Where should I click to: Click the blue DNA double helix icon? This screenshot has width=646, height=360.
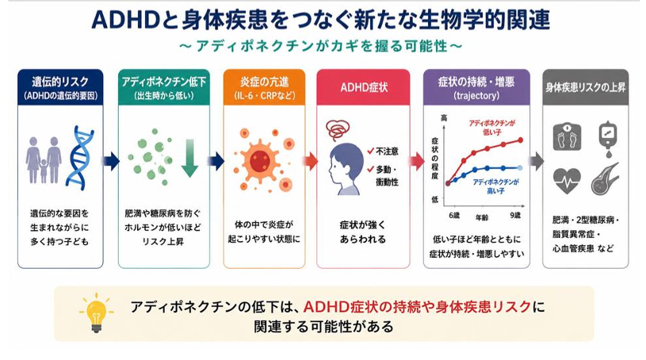tap(79, 158)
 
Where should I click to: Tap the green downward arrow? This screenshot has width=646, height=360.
tap(190, 158)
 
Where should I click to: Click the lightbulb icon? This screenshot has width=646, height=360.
tap(96, 312)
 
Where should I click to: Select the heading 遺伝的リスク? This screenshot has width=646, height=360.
tap(60, 82)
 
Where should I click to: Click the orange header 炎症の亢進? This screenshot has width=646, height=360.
tap(265, 82)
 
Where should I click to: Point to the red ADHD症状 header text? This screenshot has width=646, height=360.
tap(364, 87)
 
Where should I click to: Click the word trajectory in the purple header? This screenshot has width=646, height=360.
tap(476, 96)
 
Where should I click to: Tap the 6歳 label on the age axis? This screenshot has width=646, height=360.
tap(454, 216)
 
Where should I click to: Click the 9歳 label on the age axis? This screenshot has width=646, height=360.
tap(515, 216)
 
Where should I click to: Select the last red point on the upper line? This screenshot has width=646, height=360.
tap(520, 140)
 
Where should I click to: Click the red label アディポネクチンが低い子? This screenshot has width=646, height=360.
tap(492, 128)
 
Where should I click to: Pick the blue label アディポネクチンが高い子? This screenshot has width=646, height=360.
tap(495, 186)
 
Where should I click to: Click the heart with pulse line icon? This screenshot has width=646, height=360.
tap(567, 180)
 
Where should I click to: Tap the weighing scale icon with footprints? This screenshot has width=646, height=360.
tap(567, 136)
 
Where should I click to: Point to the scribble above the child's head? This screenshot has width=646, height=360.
tap(338, 129)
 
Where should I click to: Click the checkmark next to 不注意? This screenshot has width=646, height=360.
tap(370, 151)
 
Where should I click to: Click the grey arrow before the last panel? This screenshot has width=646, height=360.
tap(536, 161)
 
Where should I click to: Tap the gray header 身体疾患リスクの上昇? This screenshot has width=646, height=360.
tap(586, 87)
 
